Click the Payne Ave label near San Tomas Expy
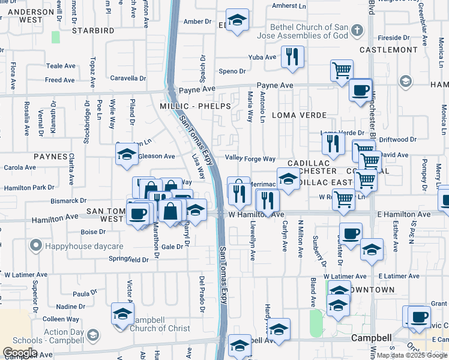[x=197, y=89]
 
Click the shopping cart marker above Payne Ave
[x=342, y=70]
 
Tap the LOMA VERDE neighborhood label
[x=299, y=115]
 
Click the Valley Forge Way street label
[x=250, y=158]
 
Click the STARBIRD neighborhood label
[x=92, y=30]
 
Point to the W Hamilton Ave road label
[x=256, y=214]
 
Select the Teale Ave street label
[x=61, y=66]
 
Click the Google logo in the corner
[x=20, y=353]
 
